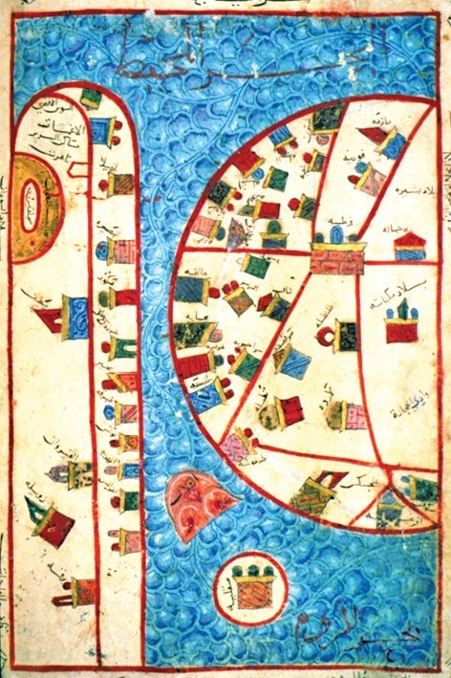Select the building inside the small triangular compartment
click(x=390, y=508)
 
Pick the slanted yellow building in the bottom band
click(x=312, y=492)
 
